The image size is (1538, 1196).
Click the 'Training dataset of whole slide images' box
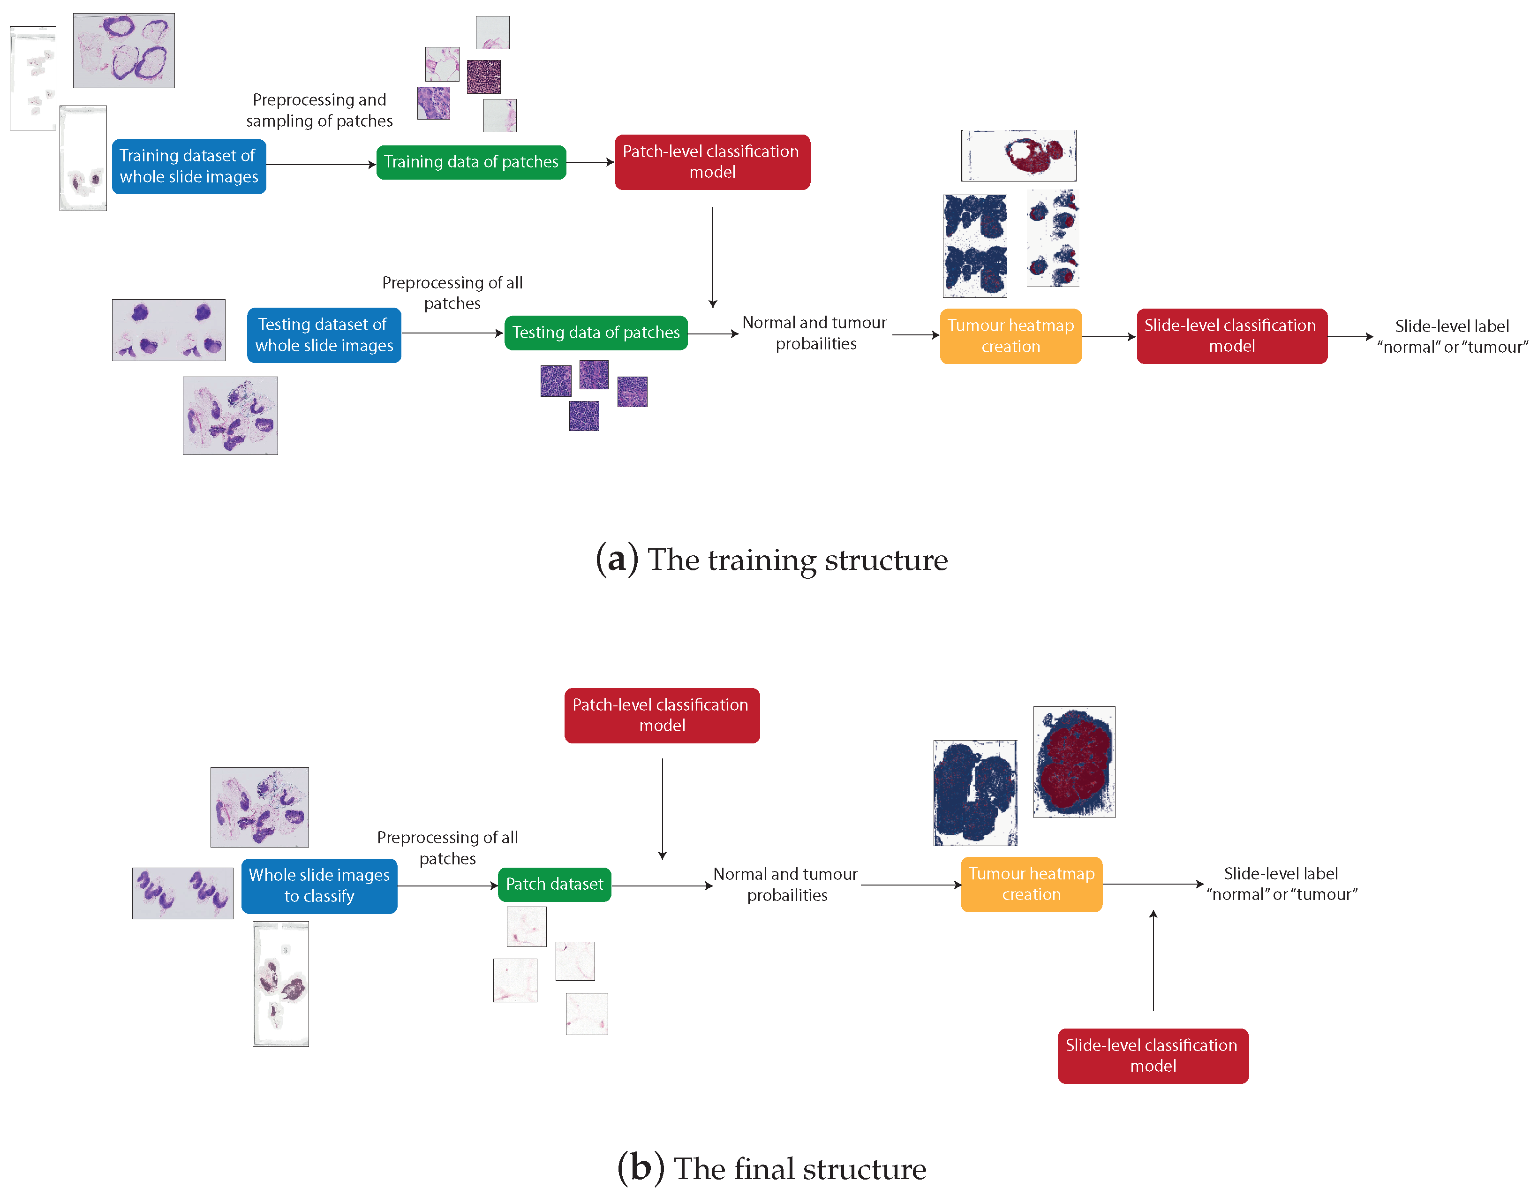click(188, 166)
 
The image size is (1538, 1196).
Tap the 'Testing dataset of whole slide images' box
click(324, 335)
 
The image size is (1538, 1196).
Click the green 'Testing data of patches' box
click(596, 333)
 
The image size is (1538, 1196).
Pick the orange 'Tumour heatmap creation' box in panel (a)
click(1010, 336)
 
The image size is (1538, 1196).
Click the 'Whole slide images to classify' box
click(319, 886)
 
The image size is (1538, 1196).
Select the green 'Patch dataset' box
click(554, 884)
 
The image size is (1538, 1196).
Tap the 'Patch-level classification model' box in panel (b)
click(661, 715)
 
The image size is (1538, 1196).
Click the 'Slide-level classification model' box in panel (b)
click(1152, 1055)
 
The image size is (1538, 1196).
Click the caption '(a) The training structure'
click(771, 560)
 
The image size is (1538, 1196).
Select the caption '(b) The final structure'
click(771, 1168)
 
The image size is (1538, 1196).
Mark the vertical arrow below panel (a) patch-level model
click(713, 257)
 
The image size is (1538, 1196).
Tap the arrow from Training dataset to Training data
click(320, 165)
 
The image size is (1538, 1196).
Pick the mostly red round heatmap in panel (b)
click(1073, 762)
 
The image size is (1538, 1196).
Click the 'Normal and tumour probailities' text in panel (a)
click(815, 333)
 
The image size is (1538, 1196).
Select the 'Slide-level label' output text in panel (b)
click(1281, 884)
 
